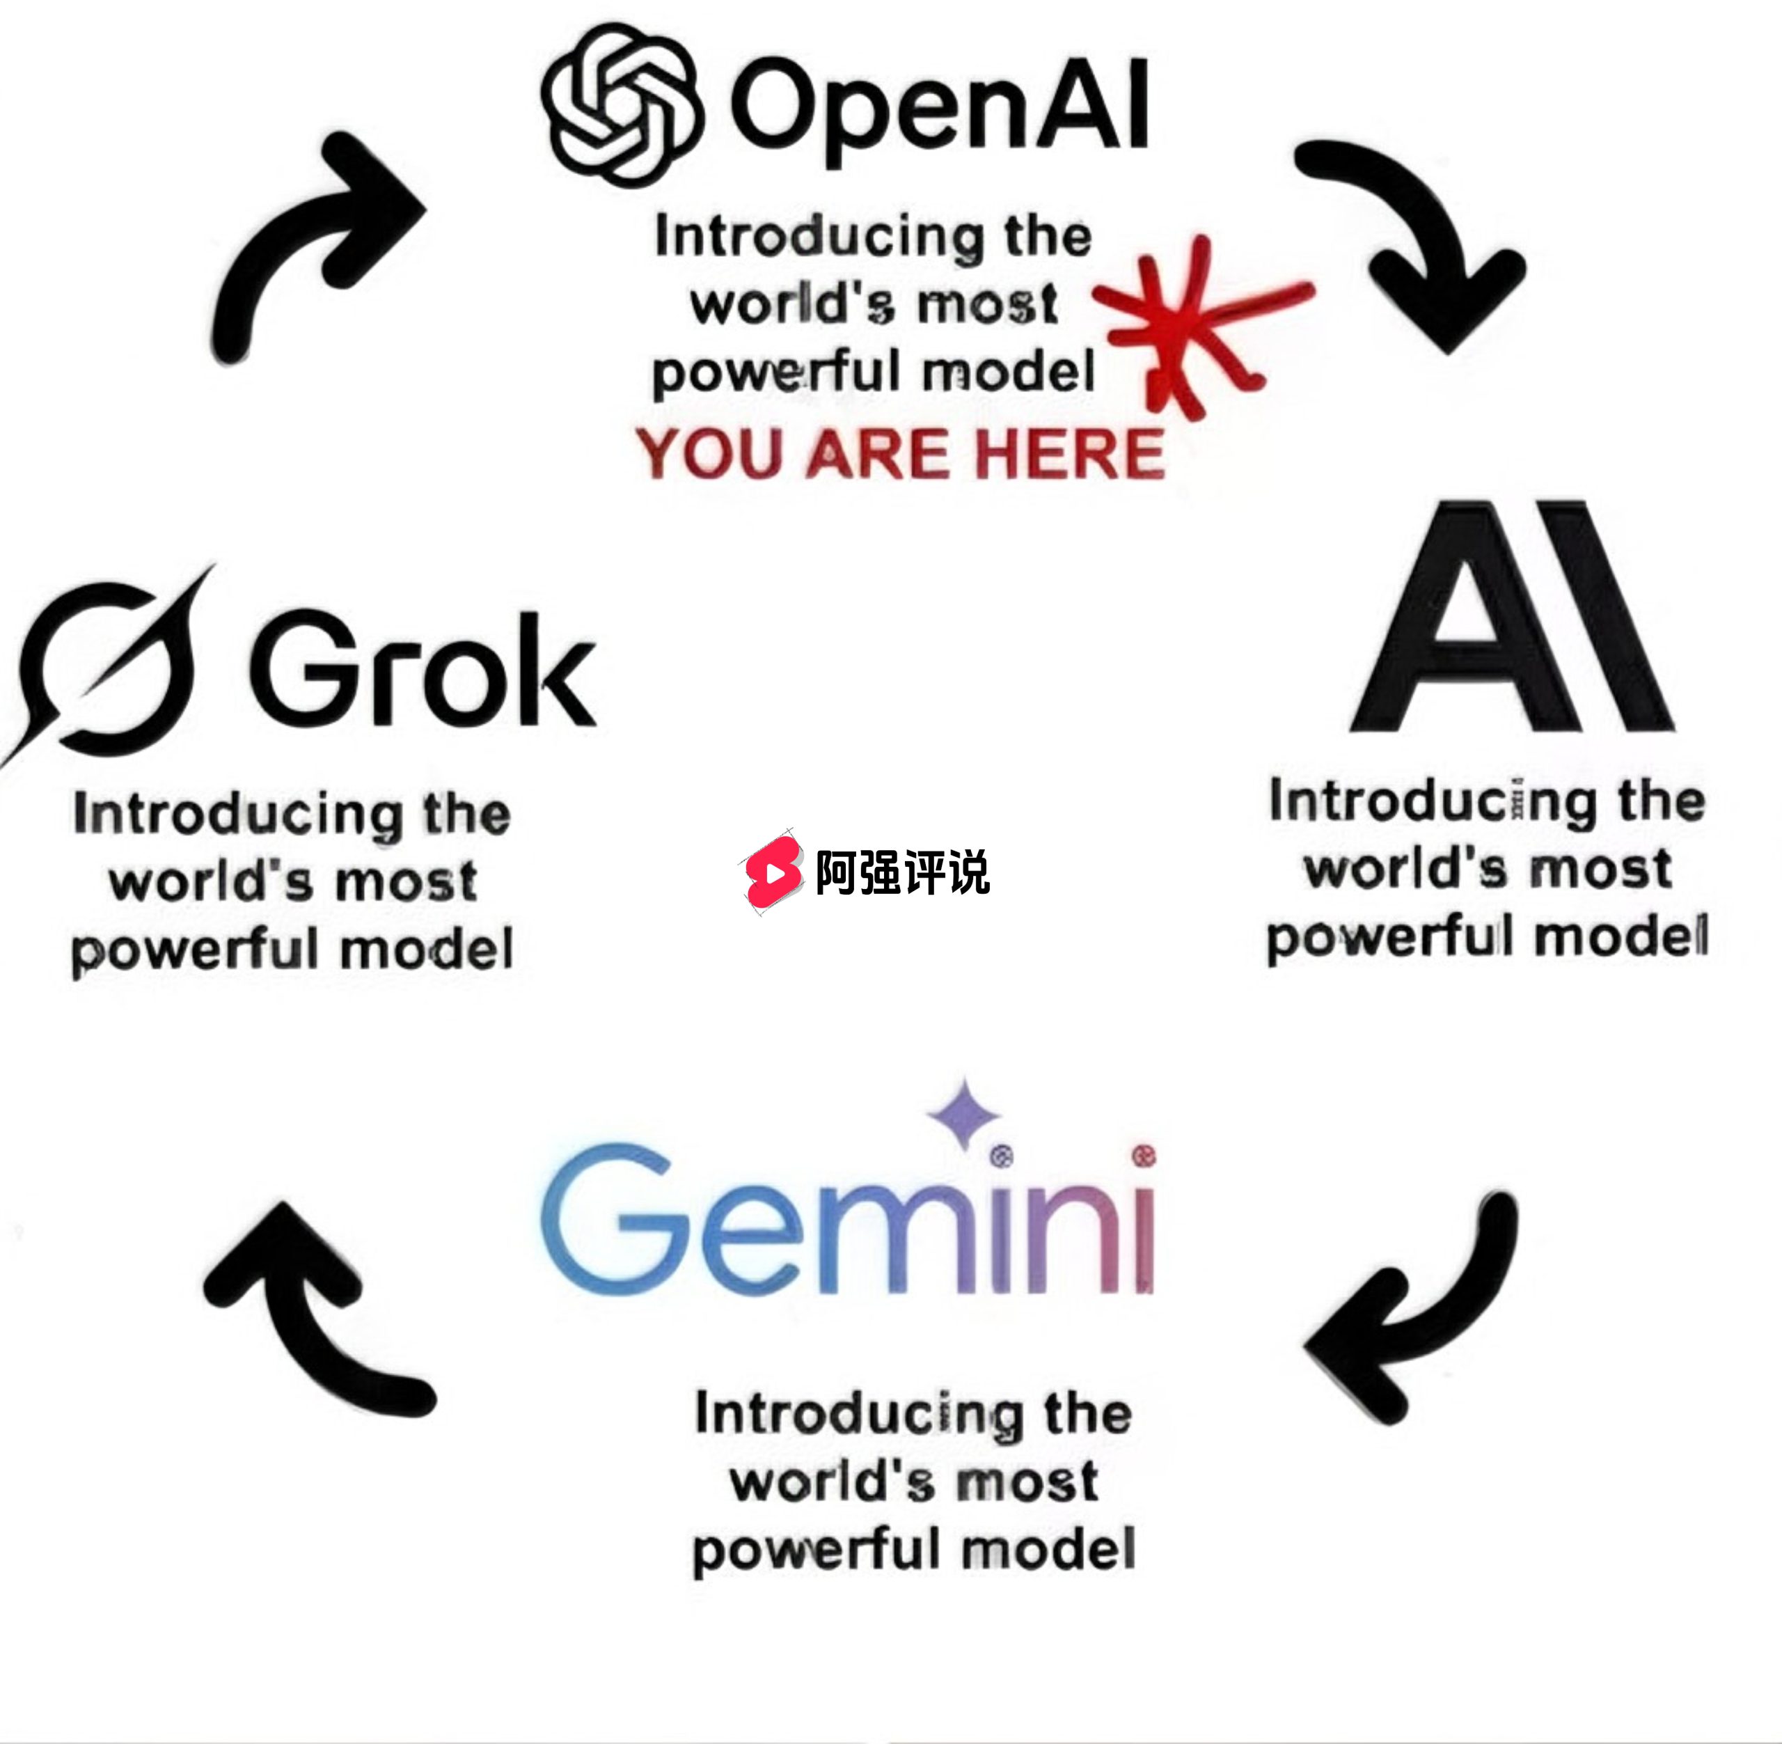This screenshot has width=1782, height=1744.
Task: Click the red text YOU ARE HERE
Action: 900,453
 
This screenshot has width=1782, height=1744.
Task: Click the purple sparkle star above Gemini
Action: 963,1114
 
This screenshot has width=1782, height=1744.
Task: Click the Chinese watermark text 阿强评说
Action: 902,872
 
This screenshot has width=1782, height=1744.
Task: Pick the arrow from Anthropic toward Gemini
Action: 1414,1305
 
